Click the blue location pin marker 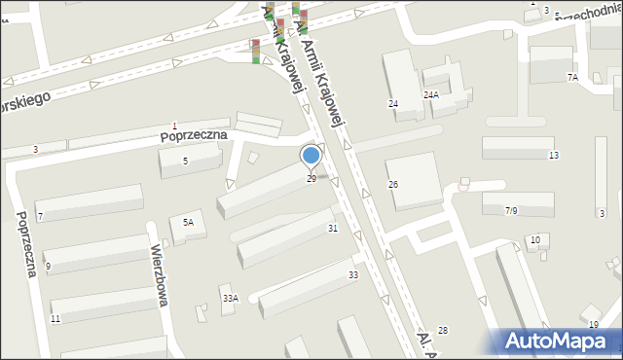(x=311, y=156)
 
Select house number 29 (x=311, y=178)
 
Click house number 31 (x=333, y=228)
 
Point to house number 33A (x=230, y=299)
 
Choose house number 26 (x=393, y=185)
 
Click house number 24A (x=430, y=95)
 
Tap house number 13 (x=553, y=156)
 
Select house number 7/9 (x=510, y=210)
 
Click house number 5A (x=188, y=223)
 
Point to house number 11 (x=55, y=319)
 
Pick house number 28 (x=443, y=332)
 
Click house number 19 (x=594, y=324)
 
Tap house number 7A (x=572, y=77)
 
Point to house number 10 (x=534, y=240)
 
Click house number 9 (x=48, y=267)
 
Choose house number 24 (x=393, y=103)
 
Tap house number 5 (x=185, y=162)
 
